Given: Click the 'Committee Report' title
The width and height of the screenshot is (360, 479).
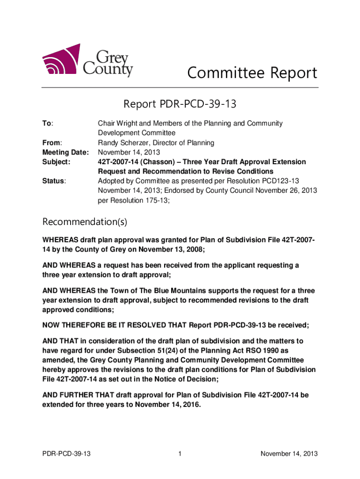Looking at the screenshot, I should (x=252, y=73).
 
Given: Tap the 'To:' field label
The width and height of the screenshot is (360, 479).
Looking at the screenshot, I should (x=48, y=123).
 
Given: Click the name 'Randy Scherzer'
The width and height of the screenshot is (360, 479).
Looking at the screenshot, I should (x=121, y=143).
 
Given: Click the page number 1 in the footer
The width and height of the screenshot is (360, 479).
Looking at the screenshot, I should (x=180, y=453).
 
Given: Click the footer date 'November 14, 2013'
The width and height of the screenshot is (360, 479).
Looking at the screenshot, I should (x=289, y=453).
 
